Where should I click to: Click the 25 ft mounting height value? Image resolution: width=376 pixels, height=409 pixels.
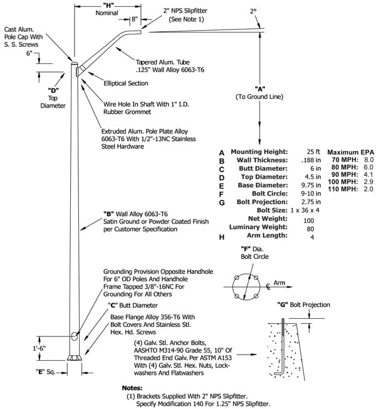click(313, 152)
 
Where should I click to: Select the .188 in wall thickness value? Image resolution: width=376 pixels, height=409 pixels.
click(311, 160)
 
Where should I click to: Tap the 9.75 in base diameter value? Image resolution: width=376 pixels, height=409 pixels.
click(311, 185)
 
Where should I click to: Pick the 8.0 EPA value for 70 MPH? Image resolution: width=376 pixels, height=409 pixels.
click(368, 160)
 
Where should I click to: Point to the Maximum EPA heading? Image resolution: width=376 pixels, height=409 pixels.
click(351, 152)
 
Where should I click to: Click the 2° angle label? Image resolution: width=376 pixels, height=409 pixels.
click(253, 11)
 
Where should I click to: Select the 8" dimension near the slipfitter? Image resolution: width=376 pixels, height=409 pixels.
click(134, 19)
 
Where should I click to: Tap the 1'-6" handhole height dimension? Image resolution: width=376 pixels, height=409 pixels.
click(39, 348)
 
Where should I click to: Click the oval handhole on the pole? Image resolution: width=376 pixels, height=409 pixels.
click(75, 336)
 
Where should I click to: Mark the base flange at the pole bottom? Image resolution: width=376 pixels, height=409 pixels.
click(75, 358)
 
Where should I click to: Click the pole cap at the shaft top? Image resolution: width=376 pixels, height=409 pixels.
click(75, 63)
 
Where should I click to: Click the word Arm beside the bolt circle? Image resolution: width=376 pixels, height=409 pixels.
click(279, 282)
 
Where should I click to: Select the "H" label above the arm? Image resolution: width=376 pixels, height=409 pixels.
click(108, 5)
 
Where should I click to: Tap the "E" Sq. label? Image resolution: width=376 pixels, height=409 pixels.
click(45, 372)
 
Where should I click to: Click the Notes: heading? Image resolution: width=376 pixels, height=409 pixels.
click(132, 388)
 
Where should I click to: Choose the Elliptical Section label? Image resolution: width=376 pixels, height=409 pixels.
click(126, 83)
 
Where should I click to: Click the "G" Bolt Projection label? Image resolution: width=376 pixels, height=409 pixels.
click(304, 304)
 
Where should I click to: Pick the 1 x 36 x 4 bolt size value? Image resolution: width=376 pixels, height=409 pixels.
click(305, 210)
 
